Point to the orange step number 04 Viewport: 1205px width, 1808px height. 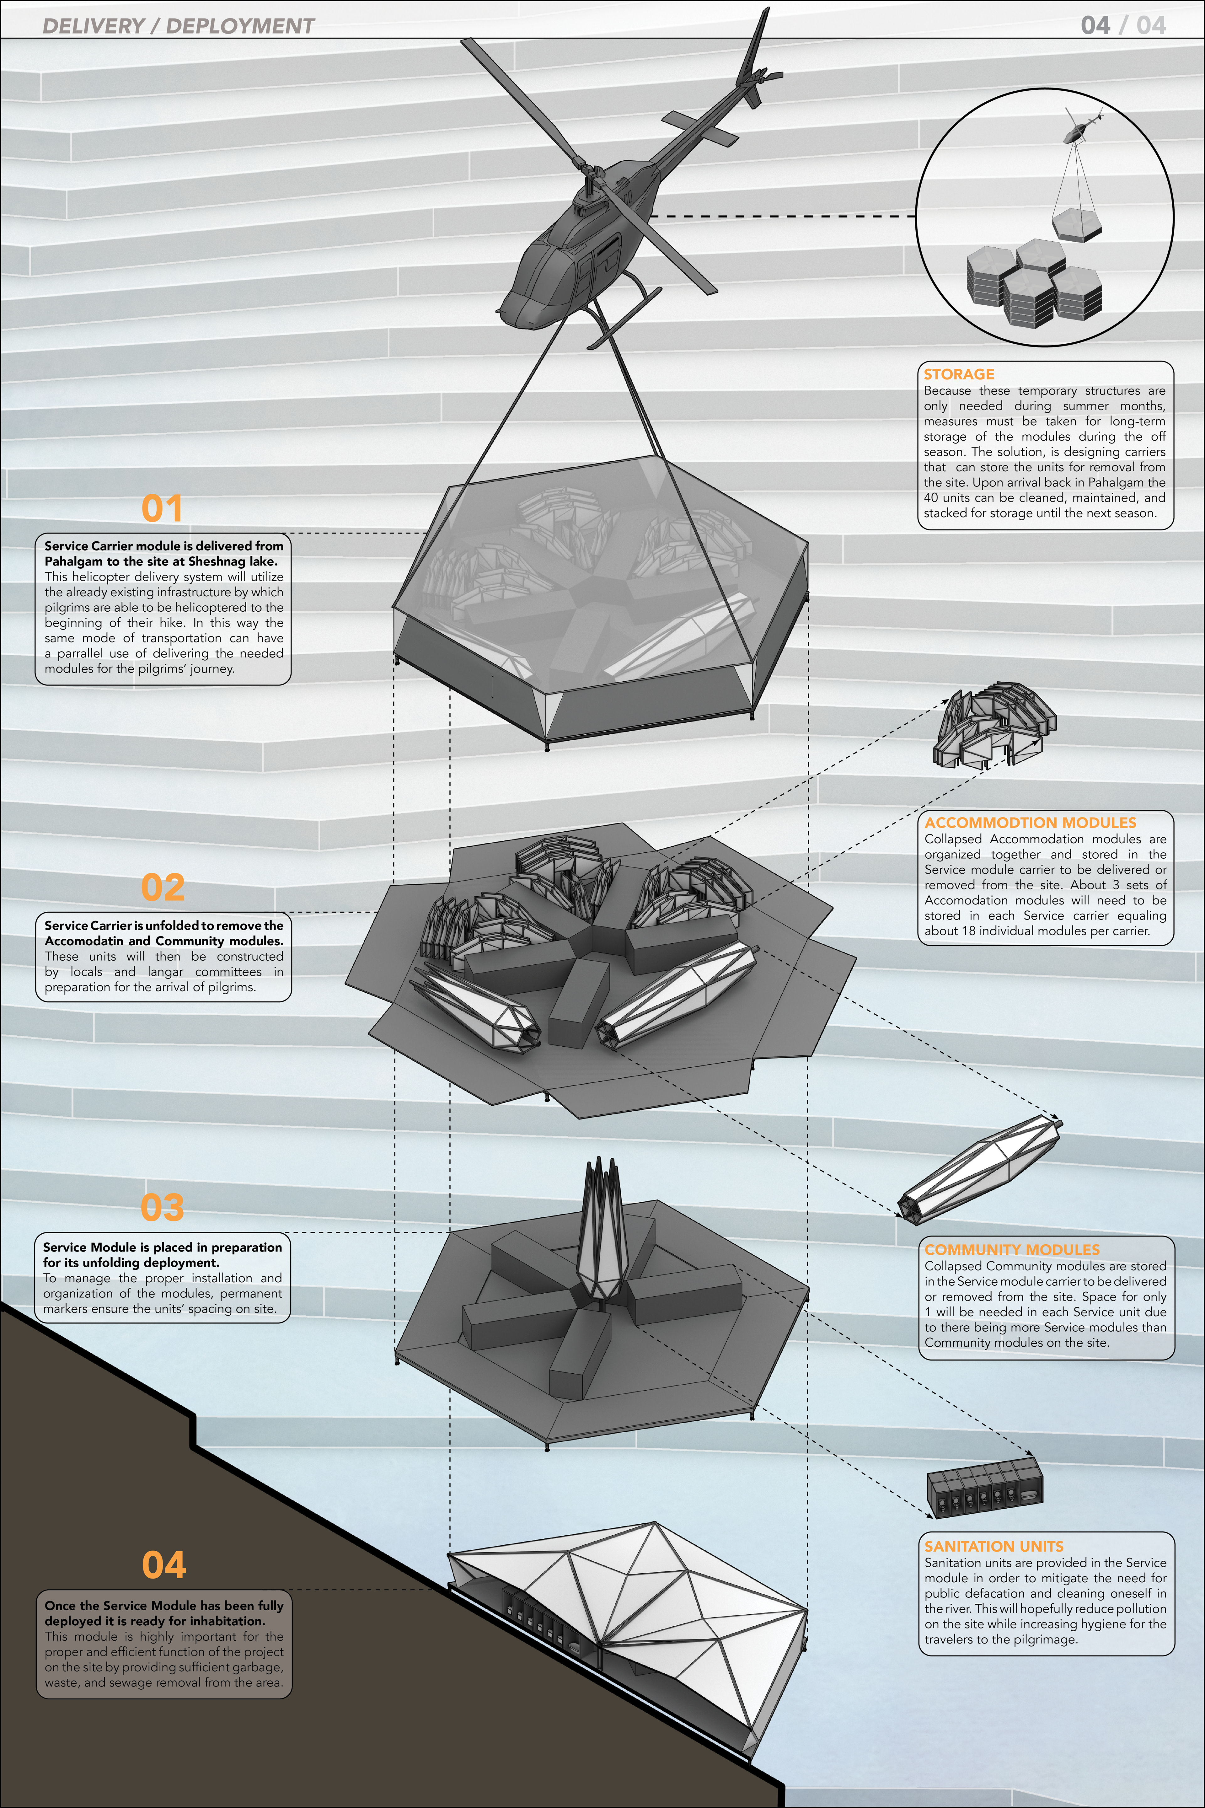(164, 1565)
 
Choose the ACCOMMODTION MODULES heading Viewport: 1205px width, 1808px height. (1030, 822)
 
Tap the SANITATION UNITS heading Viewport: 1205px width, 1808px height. (994, 1546)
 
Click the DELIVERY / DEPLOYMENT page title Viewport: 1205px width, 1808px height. (178, 26)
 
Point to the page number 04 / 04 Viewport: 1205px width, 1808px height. (1123, 25)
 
